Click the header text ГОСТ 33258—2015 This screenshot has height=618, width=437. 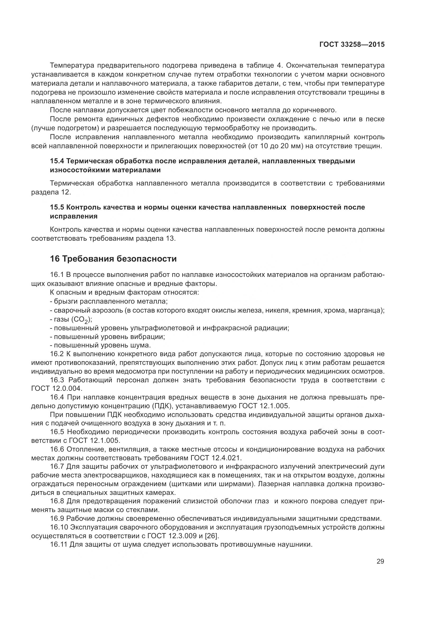point(352,45)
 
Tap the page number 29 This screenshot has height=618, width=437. point(380,561)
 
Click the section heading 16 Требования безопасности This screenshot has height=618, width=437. point(113,259)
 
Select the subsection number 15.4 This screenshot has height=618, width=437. point(57,161)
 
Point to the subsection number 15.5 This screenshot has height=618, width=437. point(57,207)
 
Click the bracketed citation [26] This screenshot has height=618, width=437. point(212,536)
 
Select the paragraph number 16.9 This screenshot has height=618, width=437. point(57,519)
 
